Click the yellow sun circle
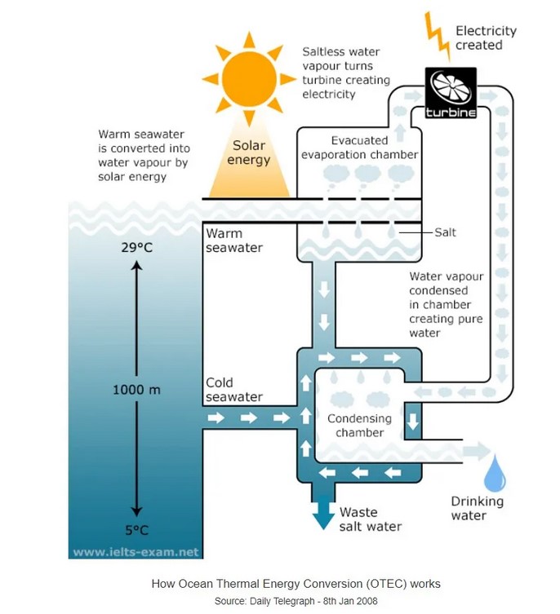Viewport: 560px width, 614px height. tap(248, 79)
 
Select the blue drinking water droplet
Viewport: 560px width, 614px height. tap(496, 474)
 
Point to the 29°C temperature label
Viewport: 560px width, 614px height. tap(138, 245)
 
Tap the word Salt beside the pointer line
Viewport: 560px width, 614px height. tap(445, 232)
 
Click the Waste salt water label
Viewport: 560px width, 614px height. tap(370, 519)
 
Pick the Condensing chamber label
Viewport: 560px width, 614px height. tap(359, 426)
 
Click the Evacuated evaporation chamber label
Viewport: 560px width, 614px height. tap(359, 148)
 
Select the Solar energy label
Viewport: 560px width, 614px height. tap(248, 152)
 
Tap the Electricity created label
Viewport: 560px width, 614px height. tap(486, 38)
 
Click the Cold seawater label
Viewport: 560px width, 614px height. tap(233, 390)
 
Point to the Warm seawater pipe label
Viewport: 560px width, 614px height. tap(233, 241)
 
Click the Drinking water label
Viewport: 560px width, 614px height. tap(478, 508)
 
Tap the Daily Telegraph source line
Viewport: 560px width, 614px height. tap(296, 601)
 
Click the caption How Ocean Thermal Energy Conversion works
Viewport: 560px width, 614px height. tap(296, 584)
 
